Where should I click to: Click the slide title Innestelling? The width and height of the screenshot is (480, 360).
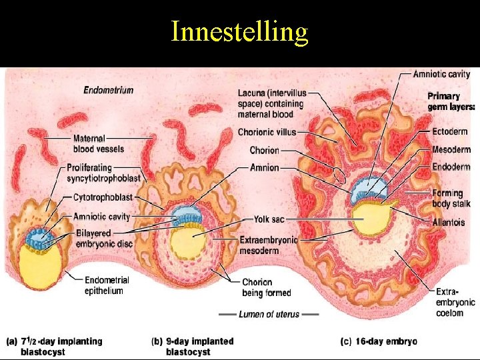point(239,32)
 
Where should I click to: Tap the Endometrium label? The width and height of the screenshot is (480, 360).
point(108,91)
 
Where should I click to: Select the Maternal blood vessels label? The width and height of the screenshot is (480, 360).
point(99,143)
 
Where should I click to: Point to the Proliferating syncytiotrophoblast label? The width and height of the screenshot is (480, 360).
point(103,173)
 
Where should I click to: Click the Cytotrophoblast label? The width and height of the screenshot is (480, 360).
point(104,197)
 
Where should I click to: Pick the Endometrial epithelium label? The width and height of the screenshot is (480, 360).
point(107,285)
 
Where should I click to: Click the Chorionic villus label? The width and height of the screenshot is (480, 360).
point(267,132)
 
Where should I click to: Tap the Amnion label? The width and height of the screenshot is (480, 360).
point(265,168)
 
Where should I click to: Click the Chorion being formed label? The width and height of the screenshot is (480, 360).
point(266,287)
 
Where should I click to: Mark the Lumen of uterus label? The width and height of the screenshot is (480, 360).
point(269,314)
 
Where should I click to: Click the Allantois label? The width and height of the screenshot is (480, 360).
point(448,222)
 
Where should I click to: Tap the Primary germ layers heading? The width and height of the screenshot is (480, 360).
point(451,101)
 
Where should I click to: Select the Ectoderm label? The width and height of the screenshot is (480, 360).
point(450,131)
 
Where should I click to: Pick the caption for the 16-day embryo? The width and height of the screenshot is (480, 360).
point(379,341)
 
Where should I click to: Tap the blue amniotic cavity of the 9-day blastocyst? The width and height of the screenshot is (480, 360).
point(183,215)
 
